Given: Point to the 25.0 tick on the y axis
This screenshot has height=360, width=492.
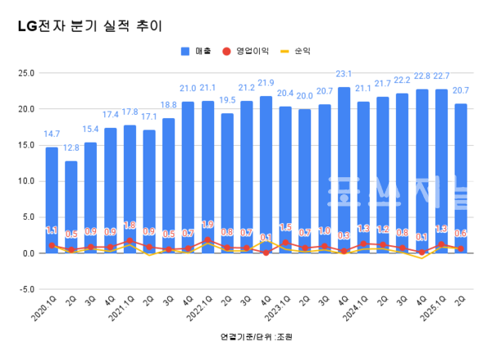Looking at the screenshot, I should [25, 73].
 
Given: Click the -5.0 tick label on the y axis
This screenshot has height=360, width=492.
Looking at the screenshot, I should [25, 289].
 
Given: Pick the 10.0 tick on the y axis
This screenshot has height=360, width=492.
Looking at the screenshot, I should [25, 181].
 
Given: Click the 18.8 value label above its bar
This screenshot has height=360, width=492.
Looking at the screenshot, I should [168, 105].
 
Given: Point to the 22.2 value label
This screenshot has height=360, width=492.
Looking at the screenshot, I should [402, 80].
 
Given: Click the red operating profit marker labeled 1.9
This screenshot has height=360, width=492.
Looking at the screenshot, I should [207, 239].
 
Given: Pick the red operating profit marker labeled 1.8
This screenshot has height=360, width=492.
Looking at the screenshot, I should [130, 240].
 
